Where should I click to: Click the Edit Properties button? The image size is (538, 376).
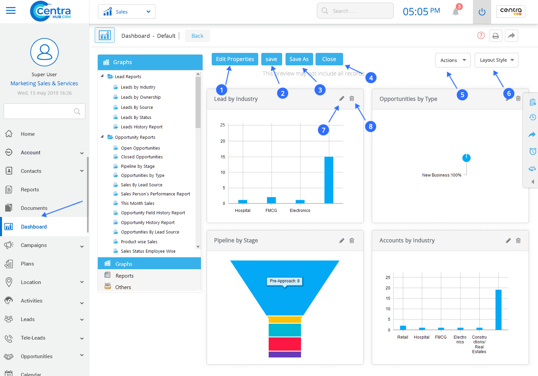235,59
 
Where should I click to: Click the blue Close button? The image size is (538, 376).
329,59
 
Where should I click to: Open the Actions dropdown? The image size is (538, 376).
453,60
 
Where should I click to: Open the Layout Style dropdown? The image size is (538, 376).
496,60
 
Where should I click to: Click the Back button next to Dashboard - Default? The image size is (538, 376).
197,36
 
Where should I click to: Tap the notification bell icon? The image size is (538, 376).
456,12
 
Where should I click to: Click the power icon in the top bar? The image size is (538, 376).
482,12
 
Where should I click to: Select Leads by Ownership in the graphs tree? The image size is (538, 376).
141,97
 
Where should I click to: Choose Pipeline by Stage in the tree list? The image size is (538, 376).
138,166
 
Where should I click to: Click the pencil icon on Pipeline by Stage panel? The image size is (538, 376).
341,241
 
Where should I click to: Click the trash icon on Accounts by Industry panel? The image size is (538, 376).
518,241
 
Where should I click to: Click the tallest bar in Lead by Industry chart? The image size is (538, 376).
329,180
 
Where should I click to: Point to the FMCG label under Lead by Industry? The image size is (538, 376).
271,211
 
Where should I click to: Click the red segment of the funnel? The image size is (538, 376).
285,344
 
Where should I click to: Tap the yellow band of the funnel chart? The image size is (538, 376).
285,319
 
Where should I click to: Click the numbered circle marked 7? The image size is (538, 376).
323,130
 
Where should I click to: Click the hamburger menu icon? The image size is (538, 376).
11,11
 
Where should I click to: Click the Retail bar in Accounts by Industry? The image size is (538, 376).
402,327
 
